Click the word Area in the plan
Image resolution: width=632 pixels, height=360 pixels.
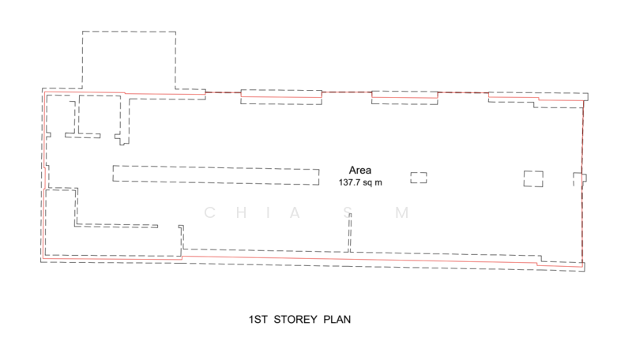360,171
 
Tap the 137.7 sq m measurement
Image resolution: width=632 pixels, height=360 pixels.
360,182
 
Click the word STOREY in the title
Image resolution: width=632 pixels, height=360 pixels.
295,320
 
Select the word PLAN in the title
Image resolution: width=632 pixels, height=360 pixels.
337,320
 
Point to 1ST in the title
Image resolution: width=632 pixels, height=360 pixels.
258,320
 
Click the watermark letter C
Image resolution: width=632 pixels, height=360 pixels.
209,212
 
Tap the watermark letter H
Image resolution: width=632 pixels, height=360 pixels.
242,212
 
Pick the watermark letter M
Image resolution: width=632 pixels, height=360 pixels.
402,212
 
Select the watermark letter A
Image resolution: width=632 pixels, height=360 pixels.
295,212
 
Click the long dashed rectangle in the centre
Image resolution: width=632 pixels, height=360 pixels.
216,167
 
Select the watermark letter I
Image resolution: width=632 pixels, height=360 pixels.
268,212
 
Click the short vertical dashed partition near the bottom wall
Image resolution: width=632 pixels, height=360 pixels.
350,233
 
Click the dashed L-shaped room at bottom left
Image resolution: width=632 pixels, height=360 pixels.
46,223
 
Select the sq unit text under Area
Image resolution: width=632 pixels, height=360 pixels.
367,183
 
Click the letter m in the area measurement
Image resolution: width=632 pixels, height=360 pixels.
378,183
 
